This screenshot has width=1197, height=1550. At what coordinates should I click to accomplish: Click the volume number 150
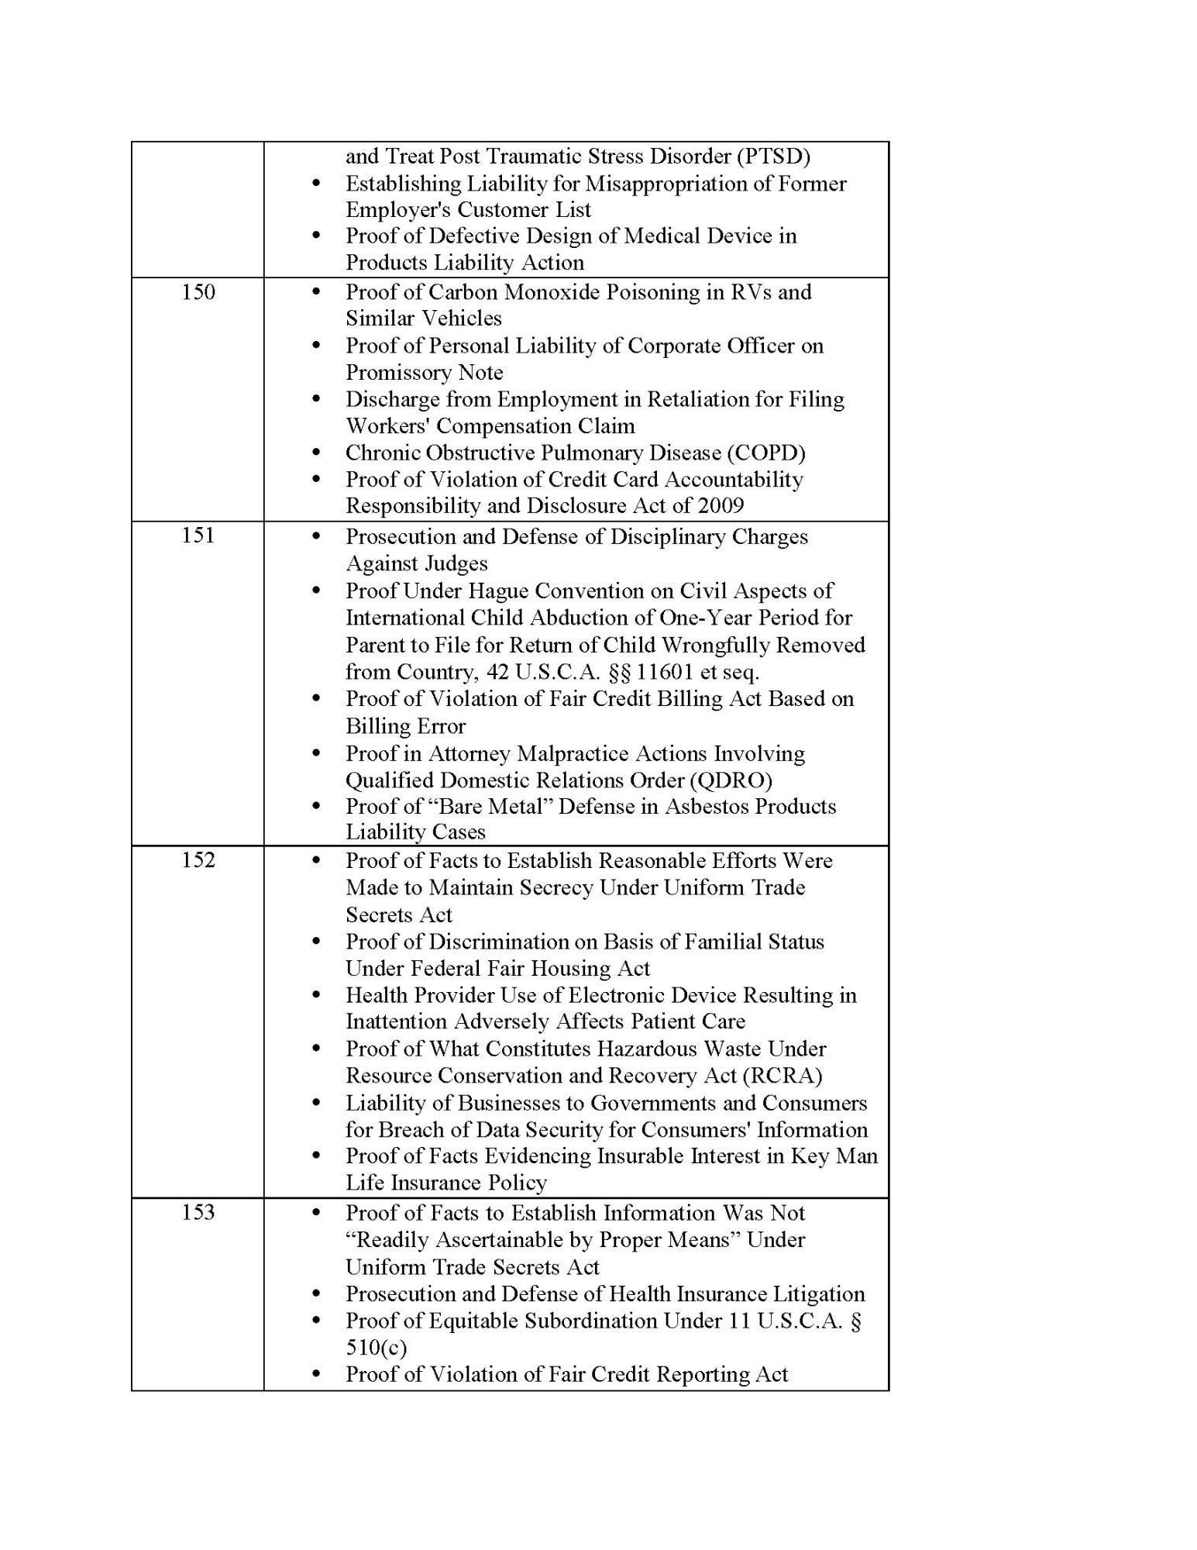point(198,292)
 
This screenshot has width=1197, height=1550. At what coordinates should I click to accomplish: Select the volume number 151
point(198,536)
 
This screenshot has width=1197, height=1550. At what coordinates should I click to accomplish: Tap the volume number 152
point(198,859)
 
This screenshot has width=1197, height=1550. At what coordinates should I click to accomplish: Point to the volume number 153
point(198,1212)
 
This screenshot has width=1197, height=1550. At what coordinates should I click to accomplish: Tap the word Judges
point(456,563)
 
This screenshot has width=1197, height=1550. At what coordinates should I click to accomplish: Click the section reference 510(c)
point(377,1347)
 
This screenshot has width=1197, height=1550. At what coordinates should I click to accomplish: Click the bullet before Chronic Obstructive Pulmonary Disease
point(315,453)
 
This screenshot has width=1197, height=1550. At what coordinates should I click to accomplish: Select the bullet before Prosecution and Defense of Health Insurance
point(315,1293)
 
